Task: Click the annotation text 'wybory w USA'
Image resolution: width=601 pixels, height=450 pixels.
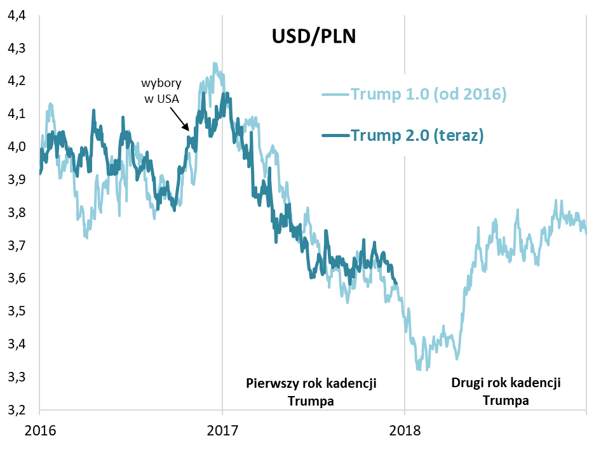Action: [160, 90]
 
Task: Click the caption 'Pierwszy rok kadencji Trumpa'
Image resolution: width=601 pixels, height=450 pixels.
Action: [311, 392]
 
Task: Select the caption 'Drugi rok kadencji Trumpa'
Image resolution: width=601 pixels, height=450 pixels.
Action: [506, 392]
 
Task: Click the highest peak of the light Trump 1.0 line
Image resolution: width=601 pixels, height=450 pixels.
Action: [215, 63]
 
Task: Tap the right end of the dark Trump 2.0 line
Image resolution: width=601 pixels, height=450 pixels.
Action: [396, 283]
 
